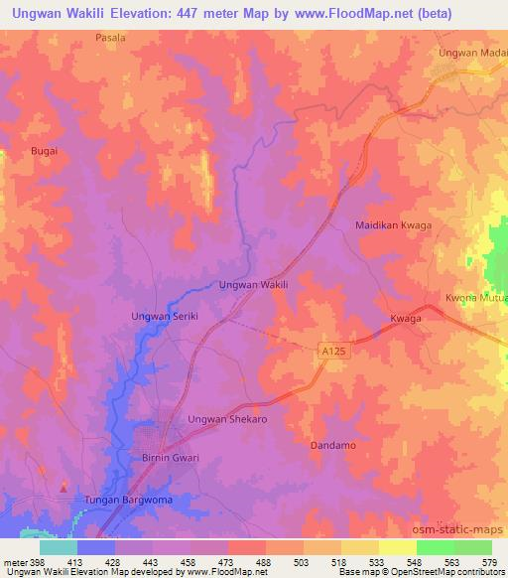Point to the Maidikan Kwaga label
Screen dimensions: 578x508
[394, 225]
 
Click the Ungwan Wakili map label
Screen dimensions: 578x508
[253, 284]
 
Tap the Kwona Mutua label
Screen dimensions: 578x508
[476, 297]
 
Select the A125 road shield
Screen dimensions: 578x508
[333, 352]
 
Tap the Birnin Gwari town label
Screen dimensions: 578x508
[165, 458]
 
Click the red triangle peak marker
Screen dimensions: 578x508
[64, 487]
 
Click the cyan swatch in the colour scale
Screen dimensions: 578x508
[58, 547]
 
